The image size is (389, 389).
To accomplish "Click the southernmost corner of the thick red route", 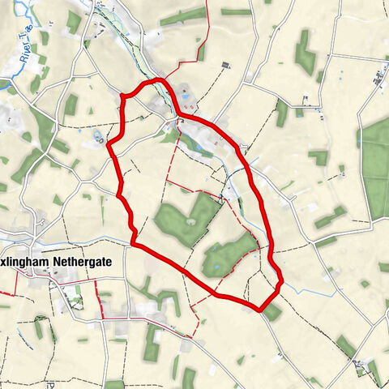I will [x=259, y=309].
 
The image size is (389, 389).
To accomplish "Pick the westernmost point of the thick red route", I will [x=107, y=146].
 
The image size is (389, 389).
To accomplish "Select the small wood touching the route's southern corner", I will [x=272, y=311].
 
